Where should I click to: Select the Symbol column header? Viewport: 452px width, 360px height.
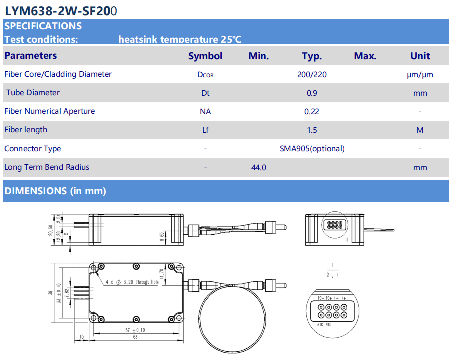tap(205, 56)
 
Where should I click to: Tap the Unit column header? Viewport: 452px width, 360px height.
tap(420, 56)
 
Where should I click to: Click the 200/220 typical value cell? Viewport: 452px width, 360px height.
tap(312, 75)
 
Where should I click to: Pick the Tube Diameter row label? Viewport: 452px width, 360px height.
tap(33, 93)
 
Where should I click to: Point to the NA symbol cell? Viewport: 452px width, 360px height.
tap(205, 112)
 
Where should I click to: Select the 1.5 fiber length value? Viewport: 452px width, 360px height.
tap(312, 130)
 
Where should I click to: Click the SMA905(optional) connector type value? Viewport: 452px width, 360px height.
tap(312, 149)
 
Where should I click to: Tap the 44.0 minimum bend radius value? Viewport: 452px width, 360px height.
tap(258, 168)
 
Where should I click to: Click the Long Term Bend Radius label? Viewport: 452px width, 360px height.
tap(47, 167)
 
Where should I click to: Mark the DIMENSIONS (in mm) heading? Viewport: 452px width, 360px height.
tap(55, 191)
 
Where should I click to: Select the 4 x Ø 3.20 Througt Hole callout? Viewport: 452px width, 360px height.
tap(132, 282)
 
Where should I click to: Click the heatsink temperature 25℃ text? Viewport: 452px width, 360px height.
tap(180, 40)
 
